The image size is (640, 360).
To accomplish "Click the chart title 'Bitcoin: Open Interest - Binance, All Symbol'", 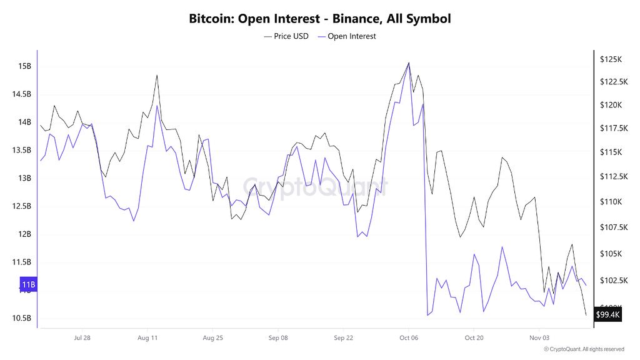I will click(319, 18).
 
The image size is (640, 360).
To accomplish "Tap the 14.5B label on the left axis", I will click(22, 94).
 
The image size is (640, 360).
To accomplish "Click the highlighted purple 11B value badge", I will click(28, 286).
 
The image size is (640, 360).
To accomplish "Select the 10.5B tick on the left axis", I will click(22, 318).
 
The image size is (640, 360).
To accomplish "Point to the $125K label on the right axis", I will click(610, 59).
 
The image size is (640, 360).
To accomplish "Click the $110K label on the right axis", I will click(610, 202).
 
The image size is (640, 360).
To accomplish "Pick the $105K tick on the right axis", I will click(610, 254).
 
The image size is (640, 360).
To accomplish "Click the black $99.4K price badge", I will click(608, 314).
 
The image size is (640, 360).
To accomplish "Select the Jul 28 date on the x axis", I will click(82, 337).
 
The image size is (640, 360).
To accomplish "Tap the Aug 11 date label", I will click(147, 337).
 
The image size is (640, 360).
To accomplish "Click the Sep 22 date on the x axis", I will click(344, 337).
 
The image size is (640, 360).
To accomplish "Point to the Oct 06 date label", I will click(409, 337).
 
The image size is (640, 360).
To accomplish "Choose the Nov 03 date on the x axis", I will click(539, 337).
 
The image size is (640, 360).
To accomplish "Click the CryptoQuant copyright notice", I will click(584, 349).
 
